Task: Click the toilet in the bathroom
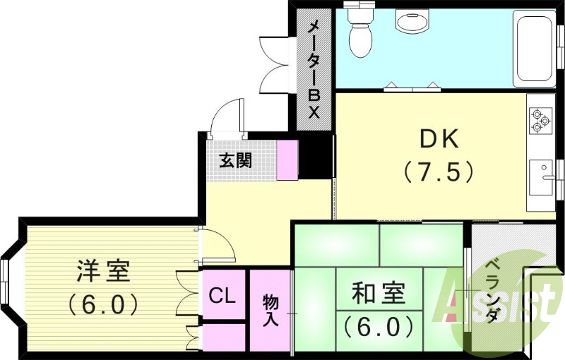[x=361, y=32]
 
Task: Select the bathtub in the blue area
[x=535, y=49]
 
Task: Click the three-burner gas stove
[x=540, y=119]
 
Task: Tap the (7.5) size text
[x=438, y=172]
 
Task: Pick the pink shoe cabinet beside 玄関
[x=287, y=160]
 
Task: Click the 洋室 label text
[x=103, y=272]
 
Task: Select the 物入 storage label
[x=270, y=310]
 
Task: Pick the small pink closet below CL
[x=222, y=335]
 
